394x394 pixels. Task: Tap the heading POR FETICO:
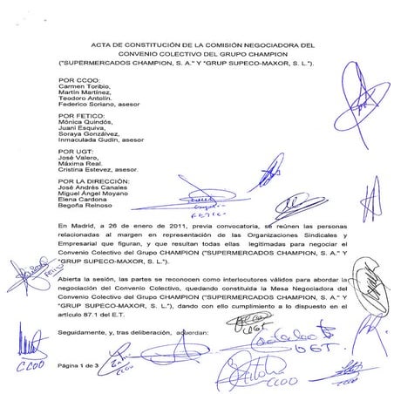tap(77, 114)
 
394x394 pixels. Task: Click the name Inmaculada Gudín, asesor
tap(99, 139)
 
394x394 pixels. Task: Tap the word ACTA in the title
tap(103, 44)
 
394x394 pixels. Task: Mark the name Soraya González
tap(85, 131)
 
